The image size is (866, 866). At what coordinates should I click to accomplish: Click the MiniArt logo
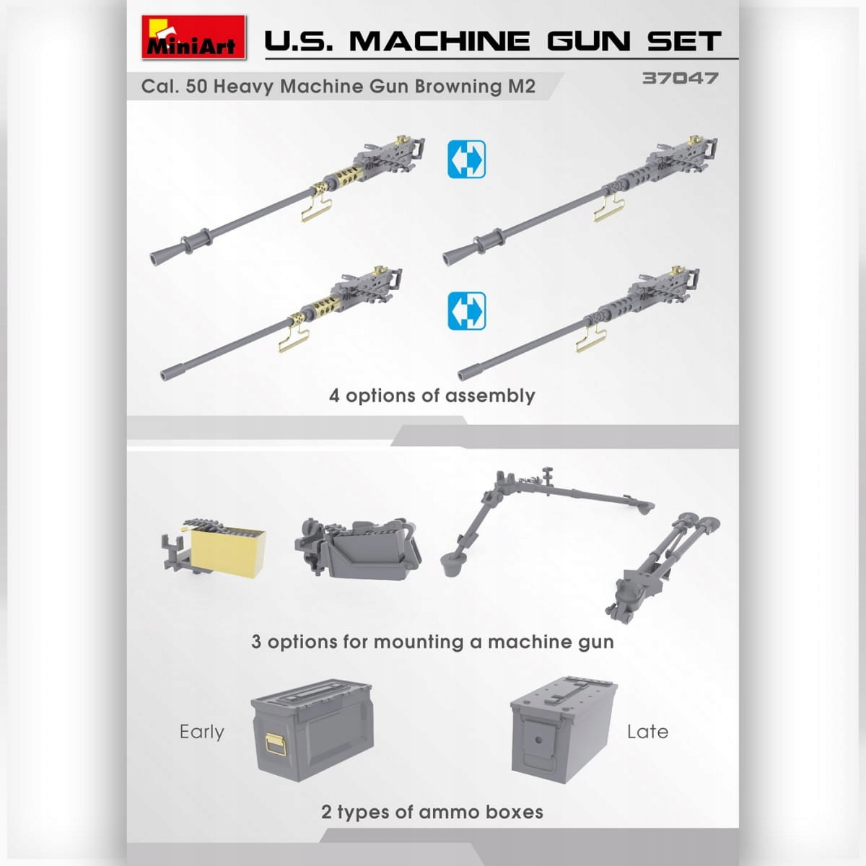point(193,37)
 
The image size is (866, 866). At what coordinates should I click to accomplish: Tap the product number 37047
point(680,78)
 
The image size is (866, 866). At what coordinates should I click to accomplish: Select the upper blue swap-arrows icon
point(466,159)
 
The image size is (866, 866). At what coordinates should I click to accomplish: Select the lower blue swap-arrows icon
point(466,310)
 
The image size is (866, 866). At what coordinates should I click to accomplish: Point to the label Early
point(201,732)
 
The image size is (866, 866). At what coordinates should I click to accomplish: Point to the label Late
point(647,732)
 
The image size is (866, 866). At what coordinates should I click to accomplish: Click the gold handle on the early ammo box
point(275,743)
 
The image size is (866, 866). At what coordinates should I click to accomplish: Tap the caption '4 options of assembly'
point(432,395)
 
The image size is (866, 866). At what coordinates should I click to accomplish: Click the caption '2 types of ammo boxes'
point(432,812)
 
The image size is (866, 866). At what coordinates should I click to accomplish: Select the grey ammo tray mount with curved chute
point(357,548)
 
